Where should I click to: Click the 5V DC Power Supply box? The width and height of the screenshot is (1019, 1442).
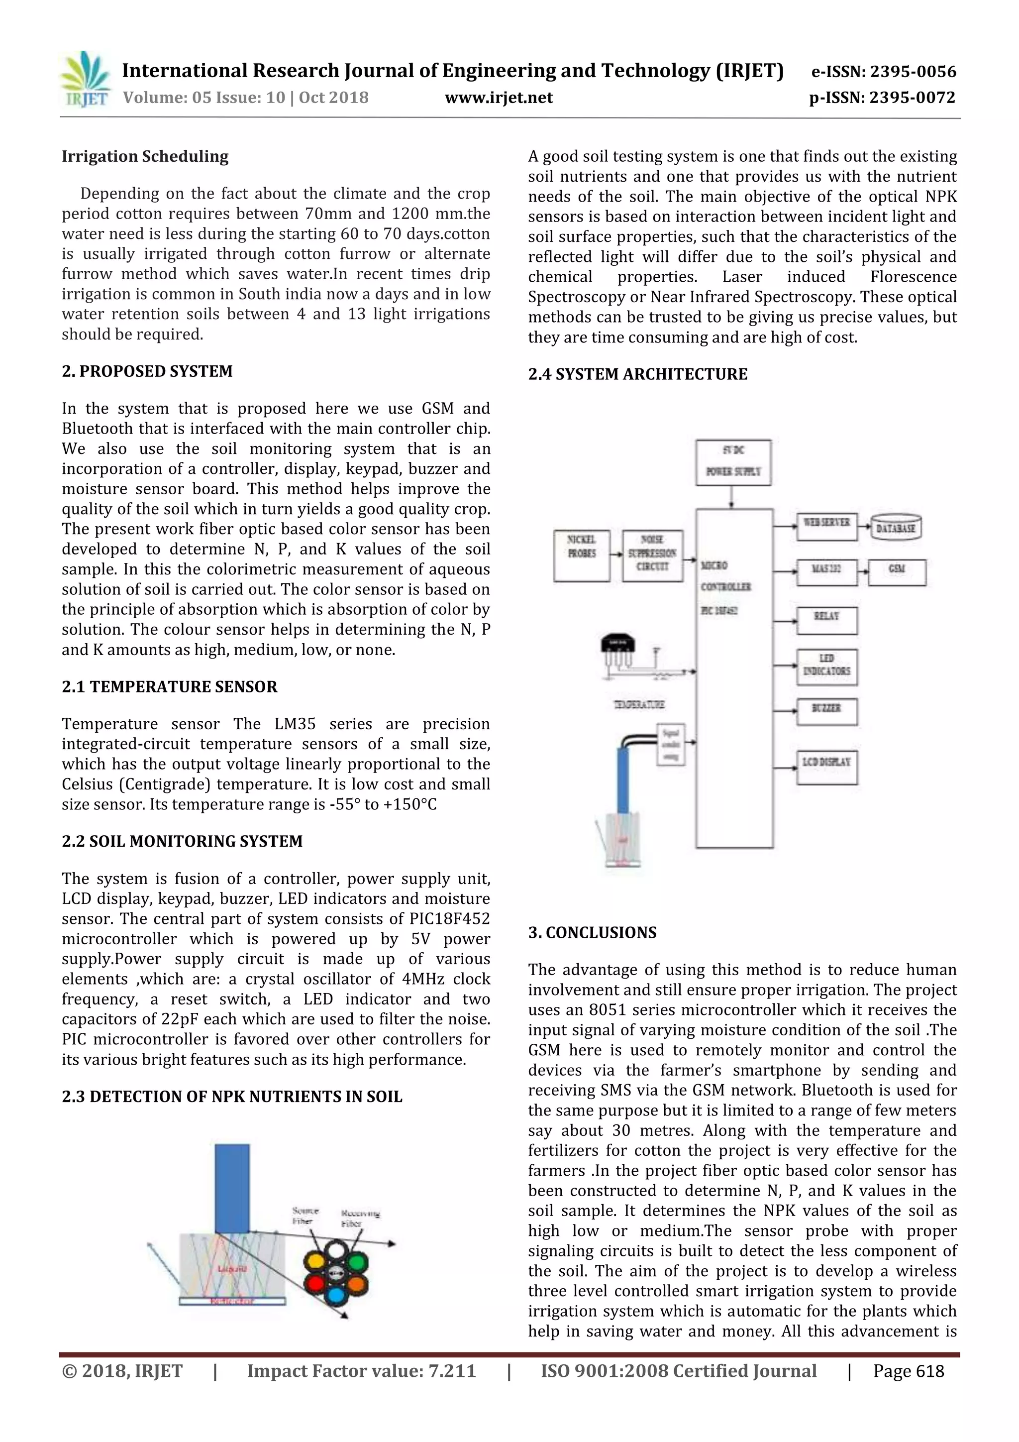733,462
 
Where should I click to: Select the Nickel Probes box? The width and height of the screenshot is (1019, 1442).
581,555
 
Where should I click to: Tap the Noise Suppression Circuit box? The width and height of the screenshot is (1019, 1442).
652,555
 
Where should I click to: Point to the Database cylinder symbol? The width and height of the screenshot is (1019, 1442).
895,528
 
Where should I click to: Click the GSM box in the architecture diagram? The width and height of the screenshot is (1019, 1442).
897,571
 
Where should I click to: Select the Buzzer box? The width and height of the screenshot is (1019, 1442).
826,712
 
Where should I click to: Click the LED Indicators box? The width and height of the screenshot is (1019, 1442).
826,666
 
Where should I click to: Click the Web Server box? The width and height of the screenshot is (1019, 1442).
826,526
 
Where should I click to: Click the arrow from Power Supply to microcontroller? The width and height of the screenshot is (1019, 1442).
732,497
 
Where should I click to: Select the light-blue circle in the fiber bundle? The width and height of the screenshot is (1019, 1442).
336,1294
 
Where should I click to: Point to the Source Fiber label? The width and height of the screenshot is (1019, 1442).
305,1216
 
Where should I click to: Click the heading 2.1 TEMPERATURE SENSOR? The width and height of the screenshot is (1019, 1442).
170,686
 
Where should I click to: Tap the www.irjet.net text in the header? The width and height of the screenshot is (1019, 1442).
499,98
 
